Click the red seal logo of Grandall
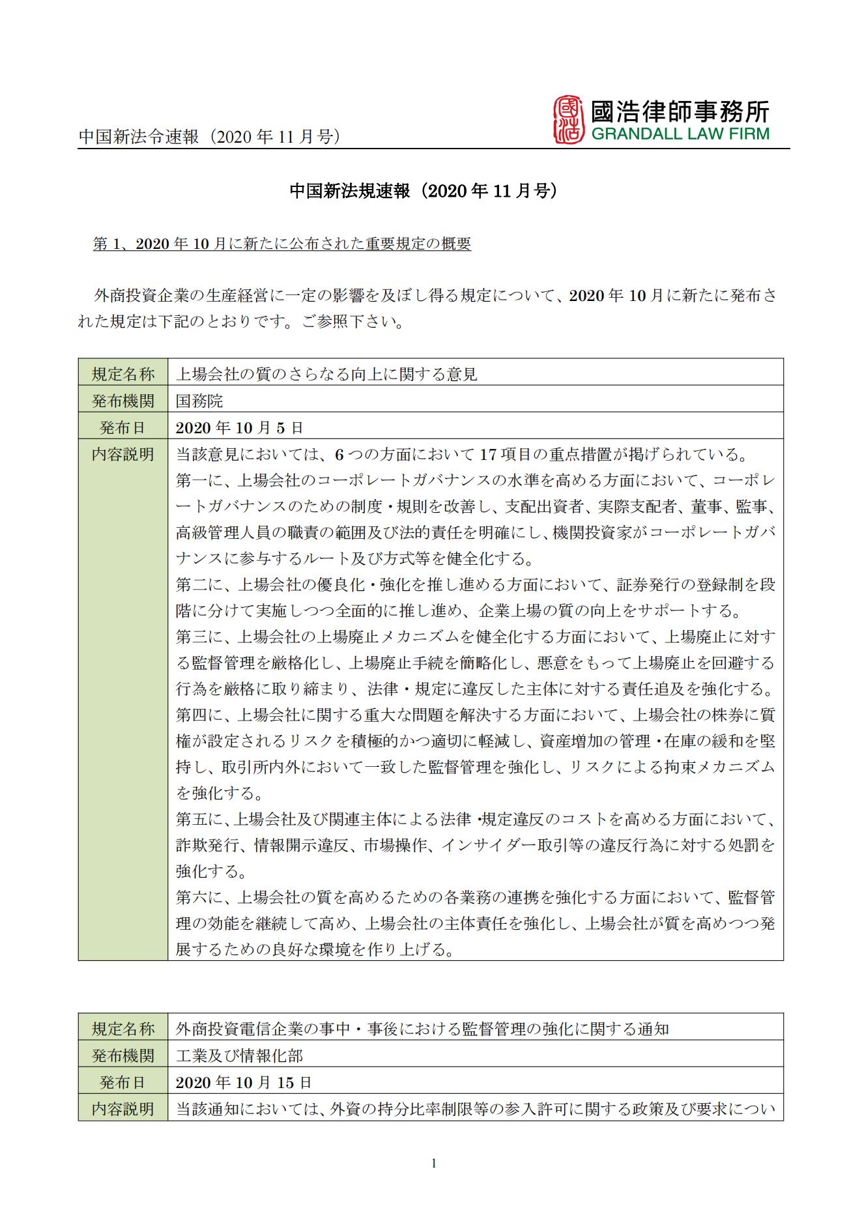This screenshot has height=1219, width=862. tap(566, 120)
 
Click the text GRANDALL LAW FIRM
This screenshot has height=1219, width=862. tap(680, 134)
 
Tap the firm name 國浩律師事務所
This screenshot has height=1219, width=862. tap(680, 111)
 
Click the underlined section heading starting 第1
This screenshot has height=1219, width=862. tap(282, 244)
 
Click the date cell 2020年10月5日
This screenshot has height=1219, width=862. tap(239, 428)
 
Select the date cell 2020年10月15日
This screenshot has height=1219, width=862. tap(244, 1082)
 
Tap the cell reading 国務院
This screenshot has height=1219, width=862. tap(199, 401)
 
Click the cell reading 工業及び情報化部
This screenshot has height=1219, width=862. tap(239, 1055)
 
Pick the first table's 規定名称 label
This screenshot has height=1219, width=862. tap(123, 374)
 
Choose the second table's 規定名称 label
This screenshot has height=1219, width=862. tap(123, 1029)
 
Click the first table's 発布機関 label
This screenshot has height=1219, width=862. tap(123, 401)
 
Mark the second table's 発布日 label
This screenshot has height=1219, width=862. tap(123, 1082)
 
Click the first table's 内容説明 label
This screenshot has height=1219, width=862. tap(123, 454)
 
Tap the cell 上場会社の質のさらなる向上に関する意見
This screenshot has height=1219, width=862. tap(326, 374)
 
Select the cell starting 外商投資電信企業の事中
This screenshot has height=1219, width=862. tap(422, 1029)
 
